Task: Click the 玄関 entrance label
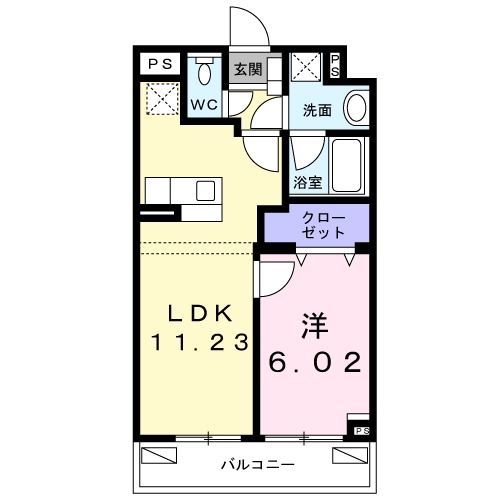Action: click(x=248, y=70)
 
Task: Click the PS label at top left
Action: click(x=160, y=64)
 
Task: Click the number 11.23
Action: click(x=200, y=342)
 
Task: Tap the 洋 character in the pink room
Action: click(x=311, y=327)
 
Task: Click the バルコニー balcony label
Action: click(x=257, y=466)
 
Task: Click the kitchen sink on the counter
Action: click(x=207, y=190)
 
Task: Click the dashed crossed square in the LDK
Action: click(x=159, y=98)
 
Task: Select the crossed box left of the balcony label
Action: click(x=158, y=457)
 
